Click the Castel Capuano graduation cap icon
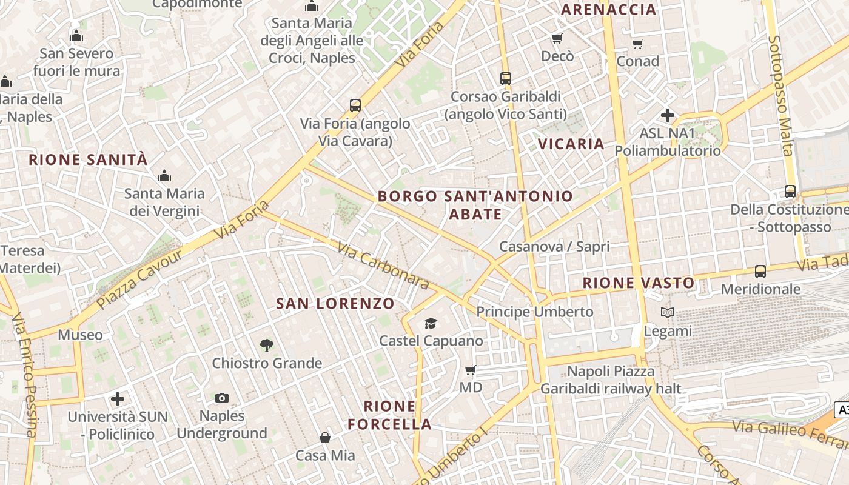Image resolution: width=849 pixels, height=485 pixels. click(431, 323)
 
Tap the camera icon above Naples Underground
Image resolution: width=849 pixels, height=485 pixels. click(222, 398)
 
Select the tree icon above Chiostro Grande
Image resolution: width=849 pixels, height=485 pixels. click(266, 346)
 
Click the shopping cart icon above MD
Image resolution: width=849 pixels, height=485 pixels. click(470, 370)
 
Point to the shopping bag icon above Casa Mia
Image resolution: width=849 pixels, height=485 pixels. click(325, 437)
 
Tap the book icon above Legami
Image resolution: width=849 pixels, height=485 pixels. click(668, 313)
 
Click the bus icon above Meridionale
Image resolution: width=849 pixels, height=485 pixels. click(760, 272)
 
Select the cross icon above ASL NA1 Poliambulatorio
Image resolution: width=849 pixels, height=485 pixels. click(668, 115)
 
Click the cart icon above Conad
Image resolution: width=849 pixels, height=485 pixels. click(637, 44)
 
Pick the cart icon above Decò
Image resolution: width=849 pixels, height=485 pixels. click(557, 39)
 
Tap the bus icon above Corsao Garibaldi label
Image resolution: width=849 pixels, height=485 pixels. click(505, 78)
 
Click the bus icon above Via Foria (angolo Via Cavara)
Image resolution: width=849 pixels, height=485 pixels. click(355, 105)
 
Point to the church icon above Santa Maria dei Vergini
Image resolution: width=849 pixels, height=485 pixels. click(164, 176)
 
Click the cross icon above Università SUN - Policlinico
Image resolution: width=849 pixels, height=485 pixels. click(118, 399)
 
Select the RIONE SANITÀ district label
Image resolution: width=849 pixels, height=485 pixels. click(89, 159)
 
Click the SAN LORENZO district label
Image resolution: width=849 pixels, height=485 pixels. click(335, 303)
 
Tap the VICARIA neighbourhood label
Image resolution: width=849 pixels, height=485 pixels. click(571, 144)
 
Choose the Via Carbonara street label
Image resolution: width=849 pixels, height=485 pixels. click(383, 266)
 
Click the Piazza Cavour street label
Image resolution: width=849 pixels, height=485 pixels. click(139, 279)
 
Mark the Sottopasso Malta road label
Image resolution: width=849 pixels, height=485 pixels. click(780, 95)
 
